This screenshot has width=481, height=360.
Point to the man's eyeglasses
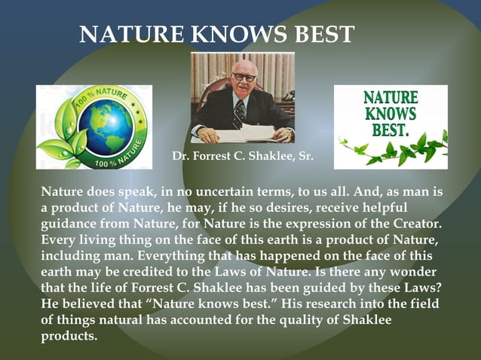point(243,77)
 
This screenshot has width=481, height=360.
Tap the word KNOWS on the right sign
point(391,113)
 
